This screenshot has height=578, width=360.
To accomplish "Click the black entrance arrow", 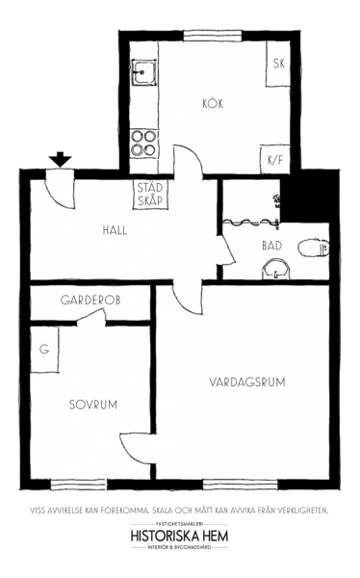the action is [x=61, y=159].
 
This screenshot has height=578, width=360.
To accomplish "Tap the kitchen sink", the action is [x=144, y=72].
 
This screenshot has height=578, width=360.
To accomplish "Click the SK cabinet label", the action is [x=279, y=64].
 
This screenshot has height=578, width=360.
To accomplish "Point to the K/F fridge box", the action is [x=275, y=160].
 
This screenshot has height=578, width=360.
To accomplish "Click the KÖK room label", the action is [x=213, y=104].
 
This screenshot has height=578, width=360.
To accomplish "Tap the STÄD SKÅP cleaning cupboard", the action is [x=150, y=195].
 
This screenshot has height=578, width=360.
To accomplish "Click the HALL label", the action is [x=115, y=230].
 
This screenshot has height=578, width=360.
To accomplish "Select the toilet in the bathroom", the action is [x=313, y=249].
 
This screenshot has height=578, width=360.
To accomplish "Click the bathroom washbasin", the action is [x=276, y=270].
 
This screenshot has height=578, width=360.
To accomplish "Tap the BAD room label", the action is [x=272, y=246].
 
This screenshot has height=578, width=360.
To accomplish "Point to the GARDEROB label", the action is [x=90, y=300].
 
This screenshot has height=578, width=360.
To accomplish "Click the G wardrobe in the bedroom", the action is [x=44, y=350].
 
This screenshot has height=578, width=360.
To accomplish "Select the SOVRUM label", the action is [x=93, y=405].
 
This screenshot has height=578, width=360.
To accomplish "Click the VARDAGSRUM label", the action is [x=247, y=381].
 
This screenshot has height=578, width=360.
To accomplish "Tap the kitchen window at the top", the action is [x=213, y=36].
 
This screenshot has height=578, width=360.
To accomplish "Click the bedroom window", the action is [x=79, y=484].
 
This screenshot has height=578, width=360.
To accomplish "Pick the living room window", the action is [x=240, y=484].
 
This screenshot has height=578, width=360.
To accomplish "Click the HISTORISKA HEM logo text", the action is [x=179, y=536].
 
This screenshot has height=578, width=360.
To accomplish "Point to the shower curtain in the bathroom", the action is [x=250, y=222].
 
